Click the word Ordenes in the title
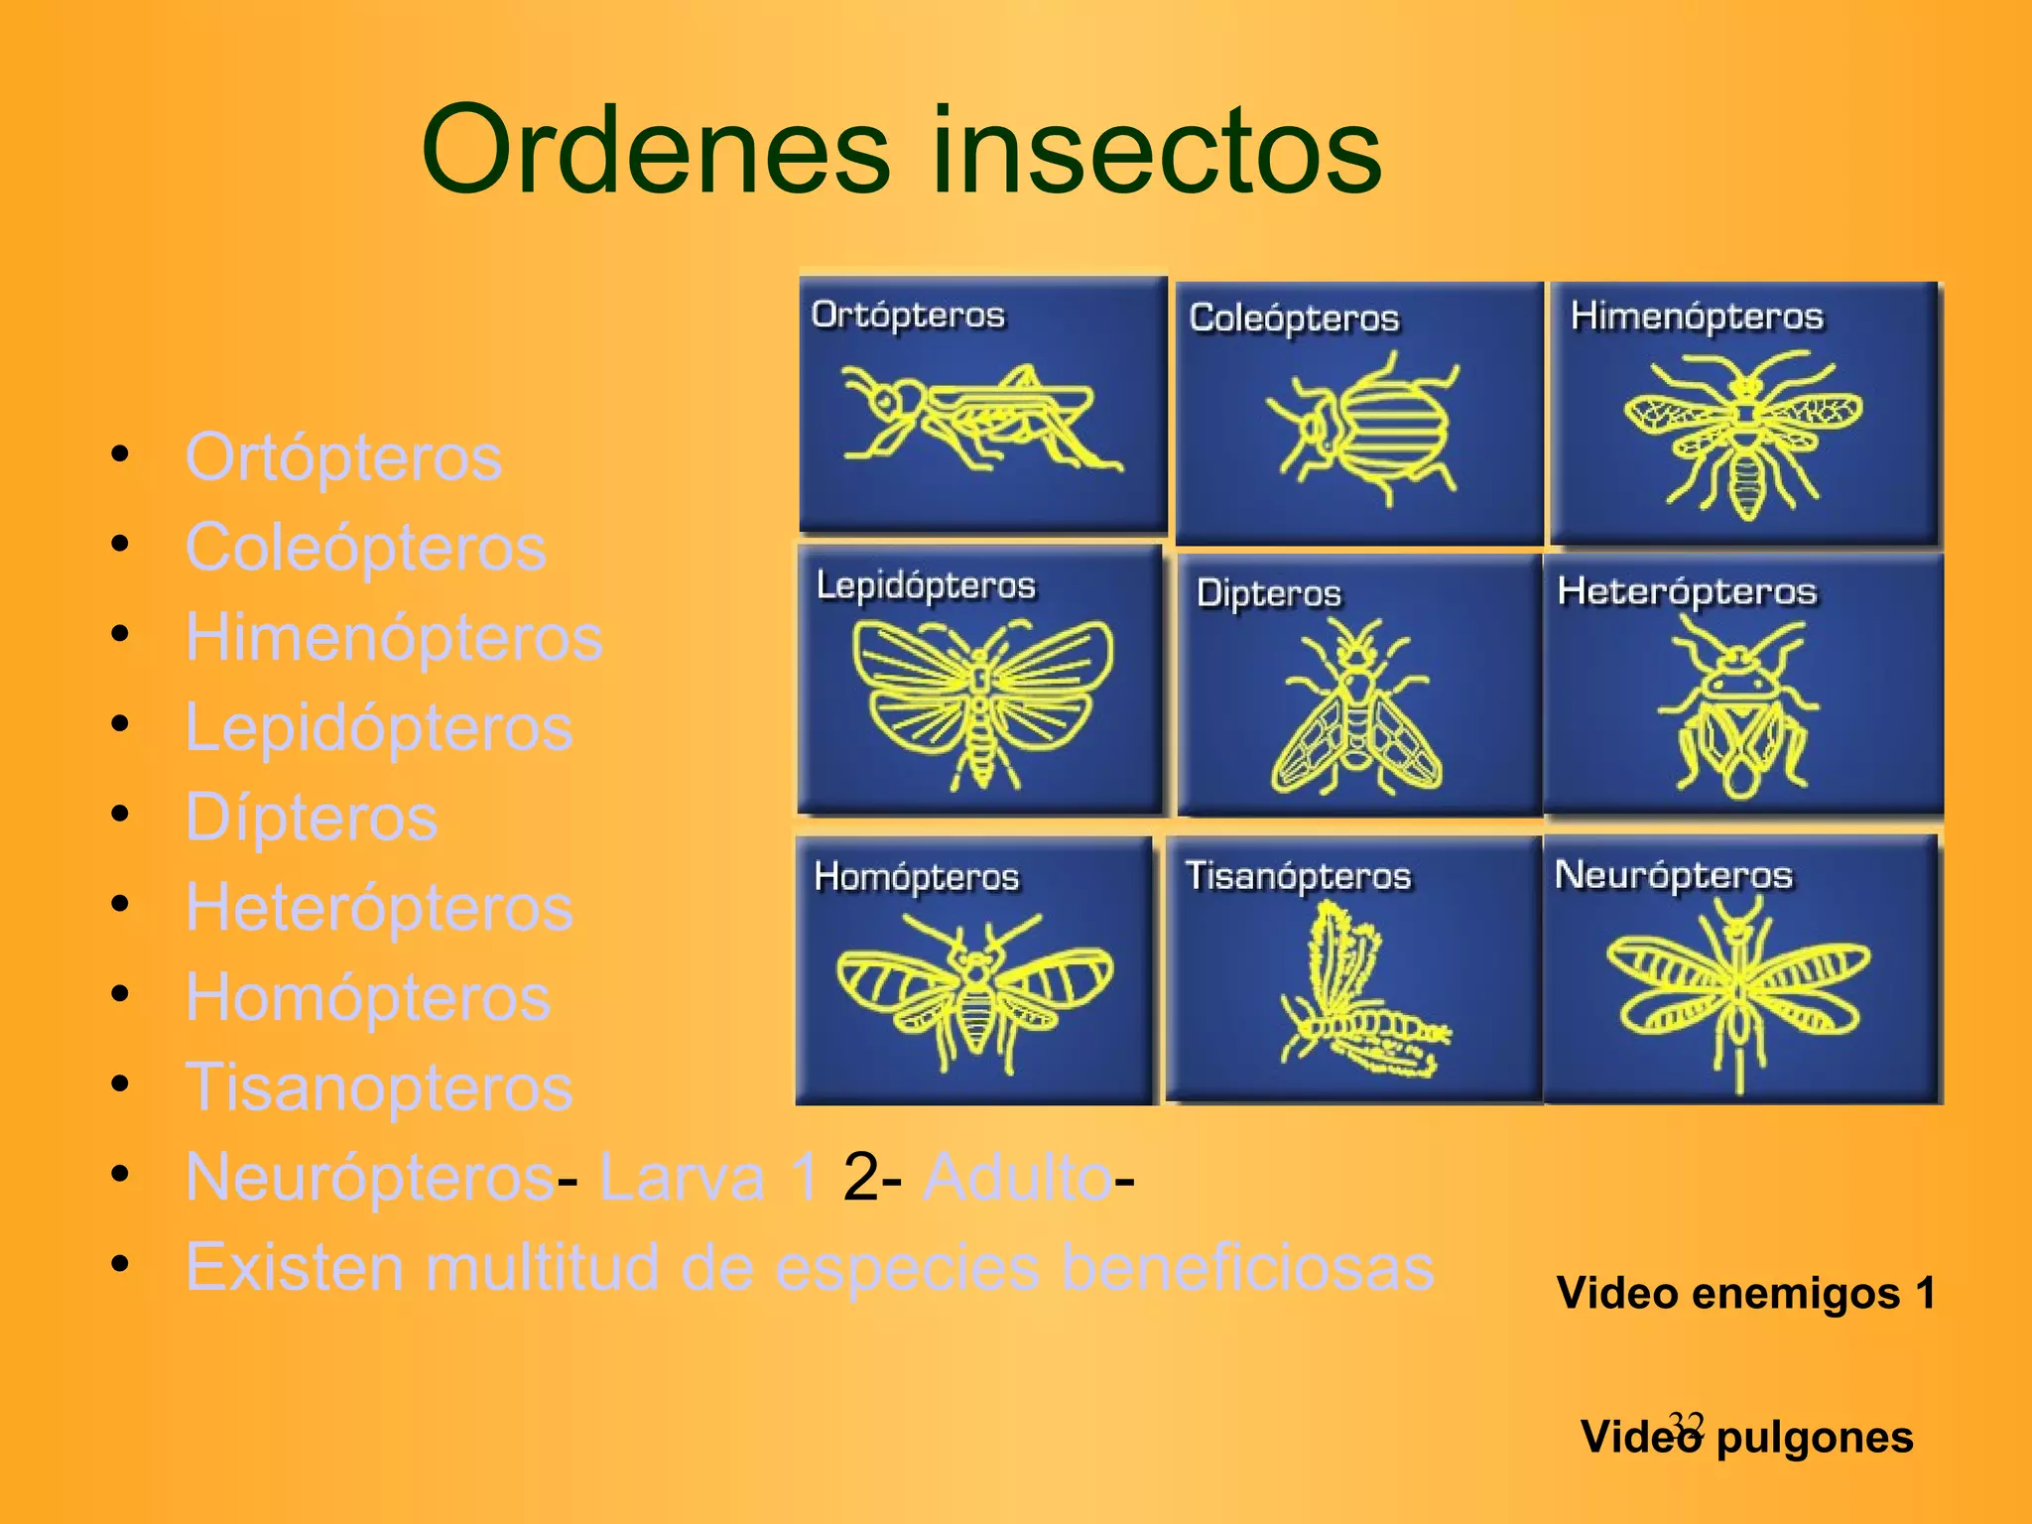pyautogui.click(x=655, y=151)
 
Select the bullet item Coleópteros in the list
pyautogui.click(x=365, y=547)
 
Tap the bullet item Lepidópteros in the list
pyautogui.click(x=379, y=727)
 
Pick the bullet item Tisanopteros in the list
pyautogui.click(x=379, y=1087)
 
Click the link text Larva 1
pyautogui.click(x=709, y=1178)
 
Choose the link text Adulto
pyautogui.click(x=1017, y=1178)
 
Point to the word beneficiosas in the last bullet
pyautogui.click(x=1247, y=1268)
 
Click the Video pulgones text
pyautogui.click(x=1746, y=1438)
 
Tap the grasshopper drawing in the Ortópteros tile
pyautogui.click(x=977, y=417)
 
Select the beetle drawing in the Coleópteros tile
pyautogui.click(x=1364, y=429)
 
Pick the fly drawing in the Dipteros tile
pyautogui.click(x=1356, y=709)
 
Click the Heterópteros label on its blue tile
pyautogui.click(x=1687, y=591)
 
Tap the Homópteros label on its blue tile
pyautogui.click(x=916, y=877)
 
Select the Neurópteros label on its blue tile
pyautogui.click(x=1674, y=875)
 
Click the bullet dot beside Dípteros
pyautogui.click(x=121, y=815)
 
